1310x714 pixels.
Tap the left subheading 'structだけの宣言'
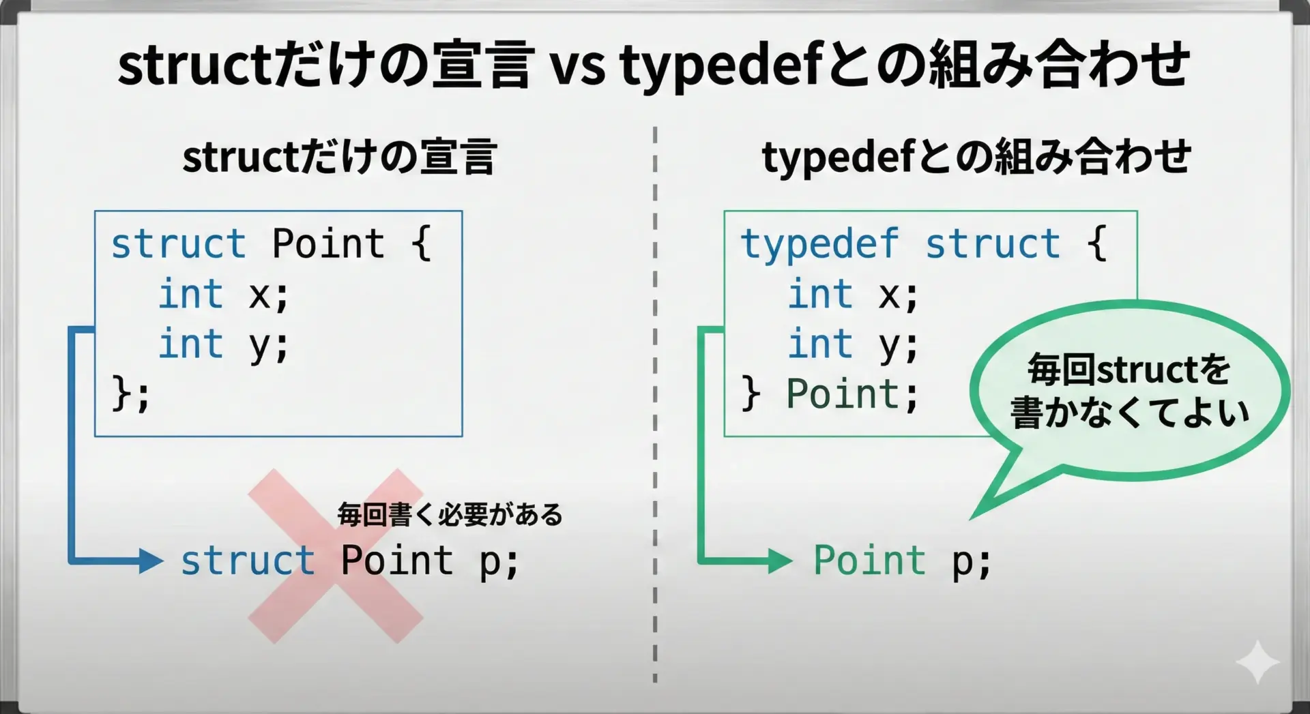coord(339,157)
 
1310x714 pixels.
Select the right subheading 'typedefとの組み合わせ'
coord(976,158)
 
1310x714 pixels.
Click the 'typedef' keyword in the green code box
coord(819,244)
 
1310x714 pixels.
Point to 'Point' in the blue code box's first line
coord(328,243)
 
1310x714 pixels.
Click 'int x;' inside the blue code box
coord(224,295)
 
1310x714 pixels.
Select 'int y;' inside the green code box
coord(854,344)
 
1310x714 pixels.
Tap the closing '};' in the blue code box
coord(130,393)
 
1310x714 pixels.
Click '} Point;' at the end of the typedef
coord(830,394)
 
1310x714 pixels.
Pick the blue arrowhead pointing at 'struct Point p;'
coord(151,561)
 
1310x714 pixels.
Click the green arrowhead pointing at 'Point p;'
coord(780,561)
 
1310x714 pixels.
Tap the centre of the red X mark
coord(336,556)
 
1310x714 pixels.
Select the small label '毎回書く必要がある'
coord(450,514)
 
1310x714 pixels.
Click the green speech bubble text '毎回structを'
coord(1129,370)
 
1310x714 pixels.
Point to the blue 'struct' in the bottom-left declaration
coord(247,561)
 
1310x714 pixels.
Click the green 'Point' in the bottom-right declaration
coord(870,561)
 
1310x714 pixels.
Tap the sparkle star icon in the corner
coord(1257,661)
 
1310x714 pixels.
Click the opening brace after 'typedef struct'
coord(1096,244)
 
